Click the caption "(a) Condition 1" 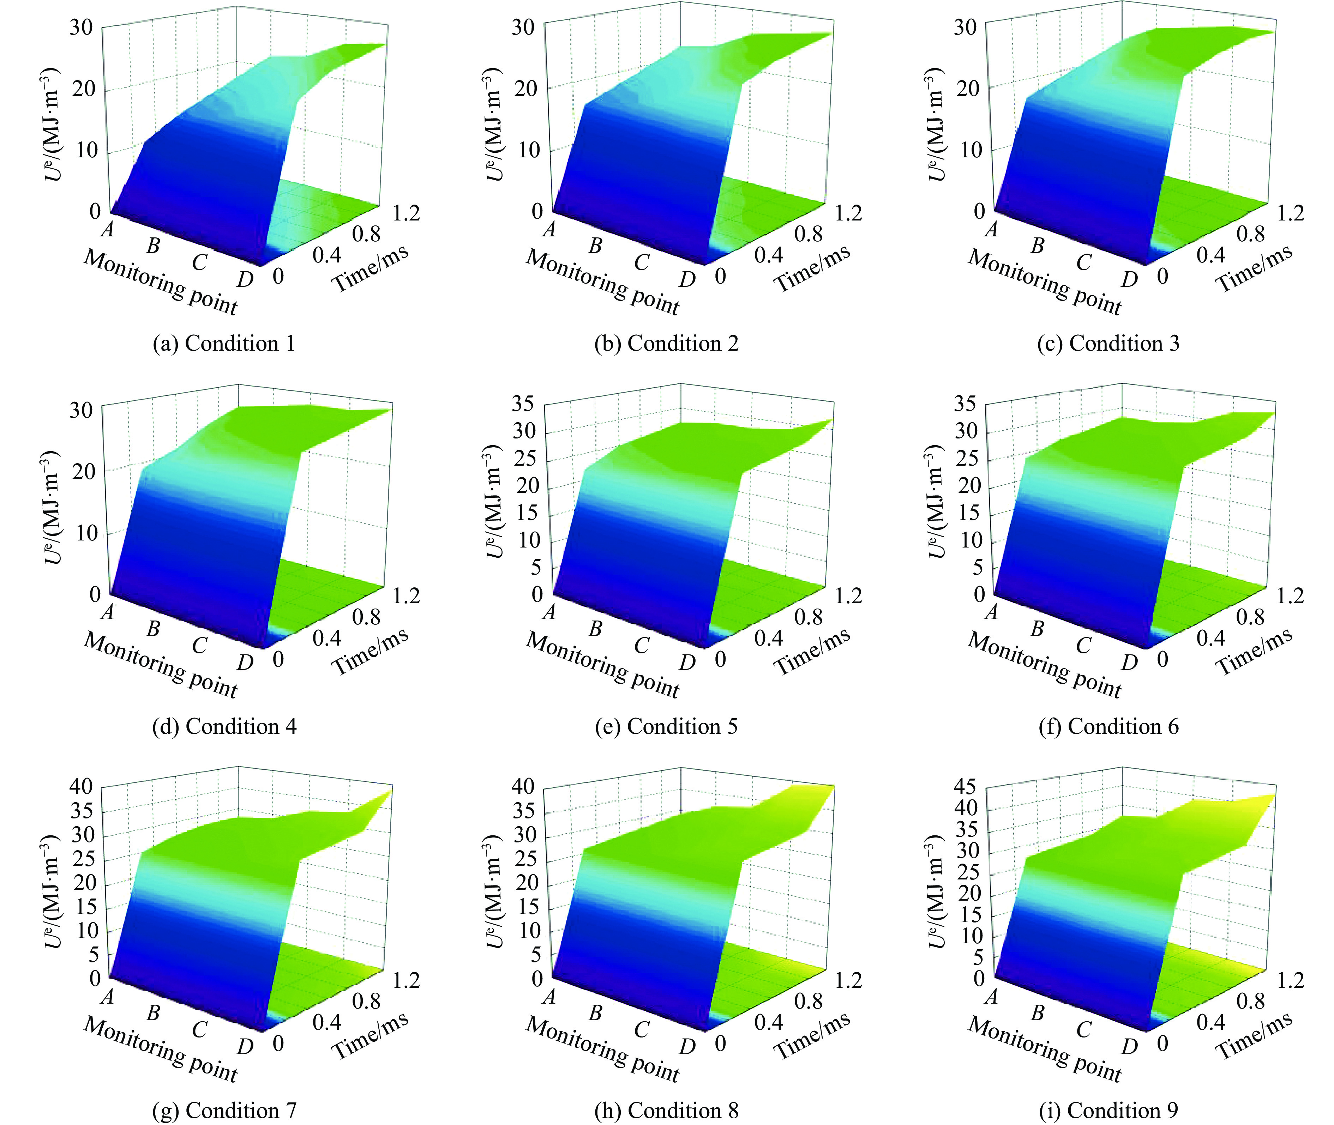224,344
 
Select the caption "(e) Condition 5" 666,726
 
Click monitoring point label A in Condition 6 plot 990,612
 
